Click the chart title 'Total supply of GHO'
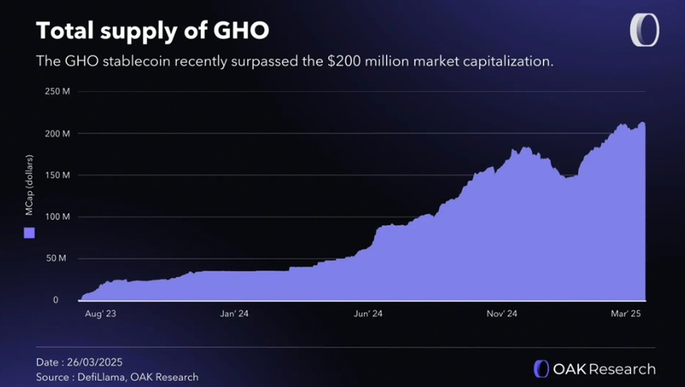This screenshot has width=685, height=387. pos(152,30)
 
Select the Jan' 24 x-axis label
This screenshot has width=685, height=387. pos(233,314)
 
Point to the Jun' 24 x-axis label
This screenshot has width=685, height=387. pos(367,314)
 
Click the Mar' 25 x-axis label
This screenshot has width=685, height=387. pos(623,314)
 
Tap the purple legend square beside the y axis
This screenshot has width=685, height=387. pos(29,233)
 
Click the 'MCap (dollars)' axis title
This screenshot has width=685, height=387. pos(29,196)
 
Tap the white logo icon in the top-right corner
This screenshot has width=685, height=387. pos(644,31)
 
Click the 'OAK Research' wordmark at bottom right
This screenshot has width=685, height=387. pos(604,369)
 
